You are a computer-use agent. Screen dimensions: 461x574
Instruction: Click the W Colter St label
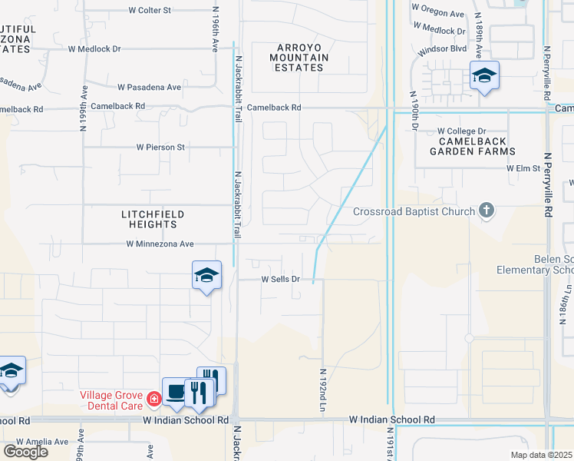(150, 11)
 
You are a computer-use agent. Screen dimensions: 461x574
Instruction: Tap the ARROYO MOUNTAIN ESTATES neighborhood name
(299, 57)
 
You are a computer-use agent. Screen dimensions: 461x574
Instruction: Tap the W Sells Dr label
(280, 279)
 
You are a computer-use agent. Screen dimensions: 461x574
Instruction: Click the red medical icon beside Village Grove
(153, 399)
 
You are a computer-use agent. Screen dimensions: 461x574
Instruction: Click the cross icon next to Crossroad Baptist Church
(485, 209)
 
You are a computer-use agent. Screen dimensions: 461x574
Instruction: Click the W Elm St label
(524, 167)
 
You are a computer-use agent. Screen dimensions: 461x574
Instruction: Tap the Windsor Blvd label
(443, 49)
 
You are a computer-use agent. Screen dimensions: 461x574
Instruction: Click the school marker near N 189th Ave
(484, 75)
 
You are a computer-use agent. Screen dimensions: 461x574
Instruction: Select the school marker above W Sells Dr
(206, 275)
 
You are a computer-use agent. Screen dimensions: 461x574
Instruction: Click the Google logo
(25, 452)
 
